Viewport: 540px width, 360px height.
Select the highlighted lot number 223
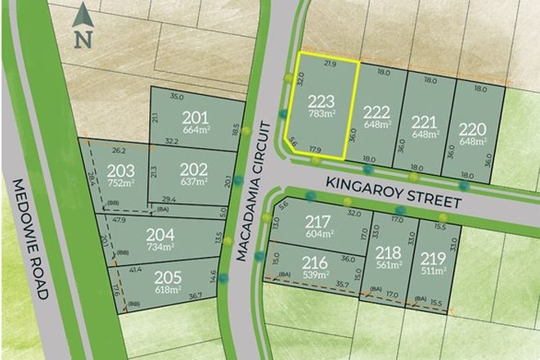(321, 101)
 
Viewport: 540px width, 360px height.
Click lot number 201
(197, 115)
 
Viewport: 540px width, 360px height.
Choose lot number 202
(193, 167)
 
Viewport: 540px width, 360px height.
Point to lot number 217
(317, 221)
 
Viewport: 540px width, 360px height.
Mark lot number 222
(377, 113)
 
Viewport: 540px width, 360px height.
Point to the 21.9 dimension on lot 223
(330, 63)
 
